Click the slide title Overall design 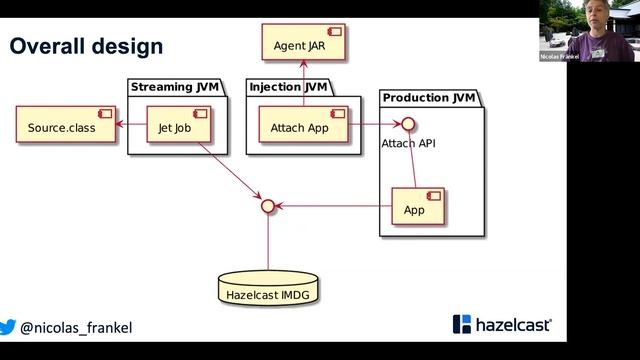pos(86,46)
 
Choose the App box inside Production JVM pos(415,209)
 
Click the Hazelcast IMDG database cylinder pos(268,291)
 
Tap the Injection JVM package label pos(287,88)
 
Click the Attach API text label pos(408,144)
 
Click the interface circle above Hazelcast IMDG pos(268,207)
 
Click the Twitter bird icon pos(8,327)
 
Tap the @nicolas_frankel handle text pos(76,328)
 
